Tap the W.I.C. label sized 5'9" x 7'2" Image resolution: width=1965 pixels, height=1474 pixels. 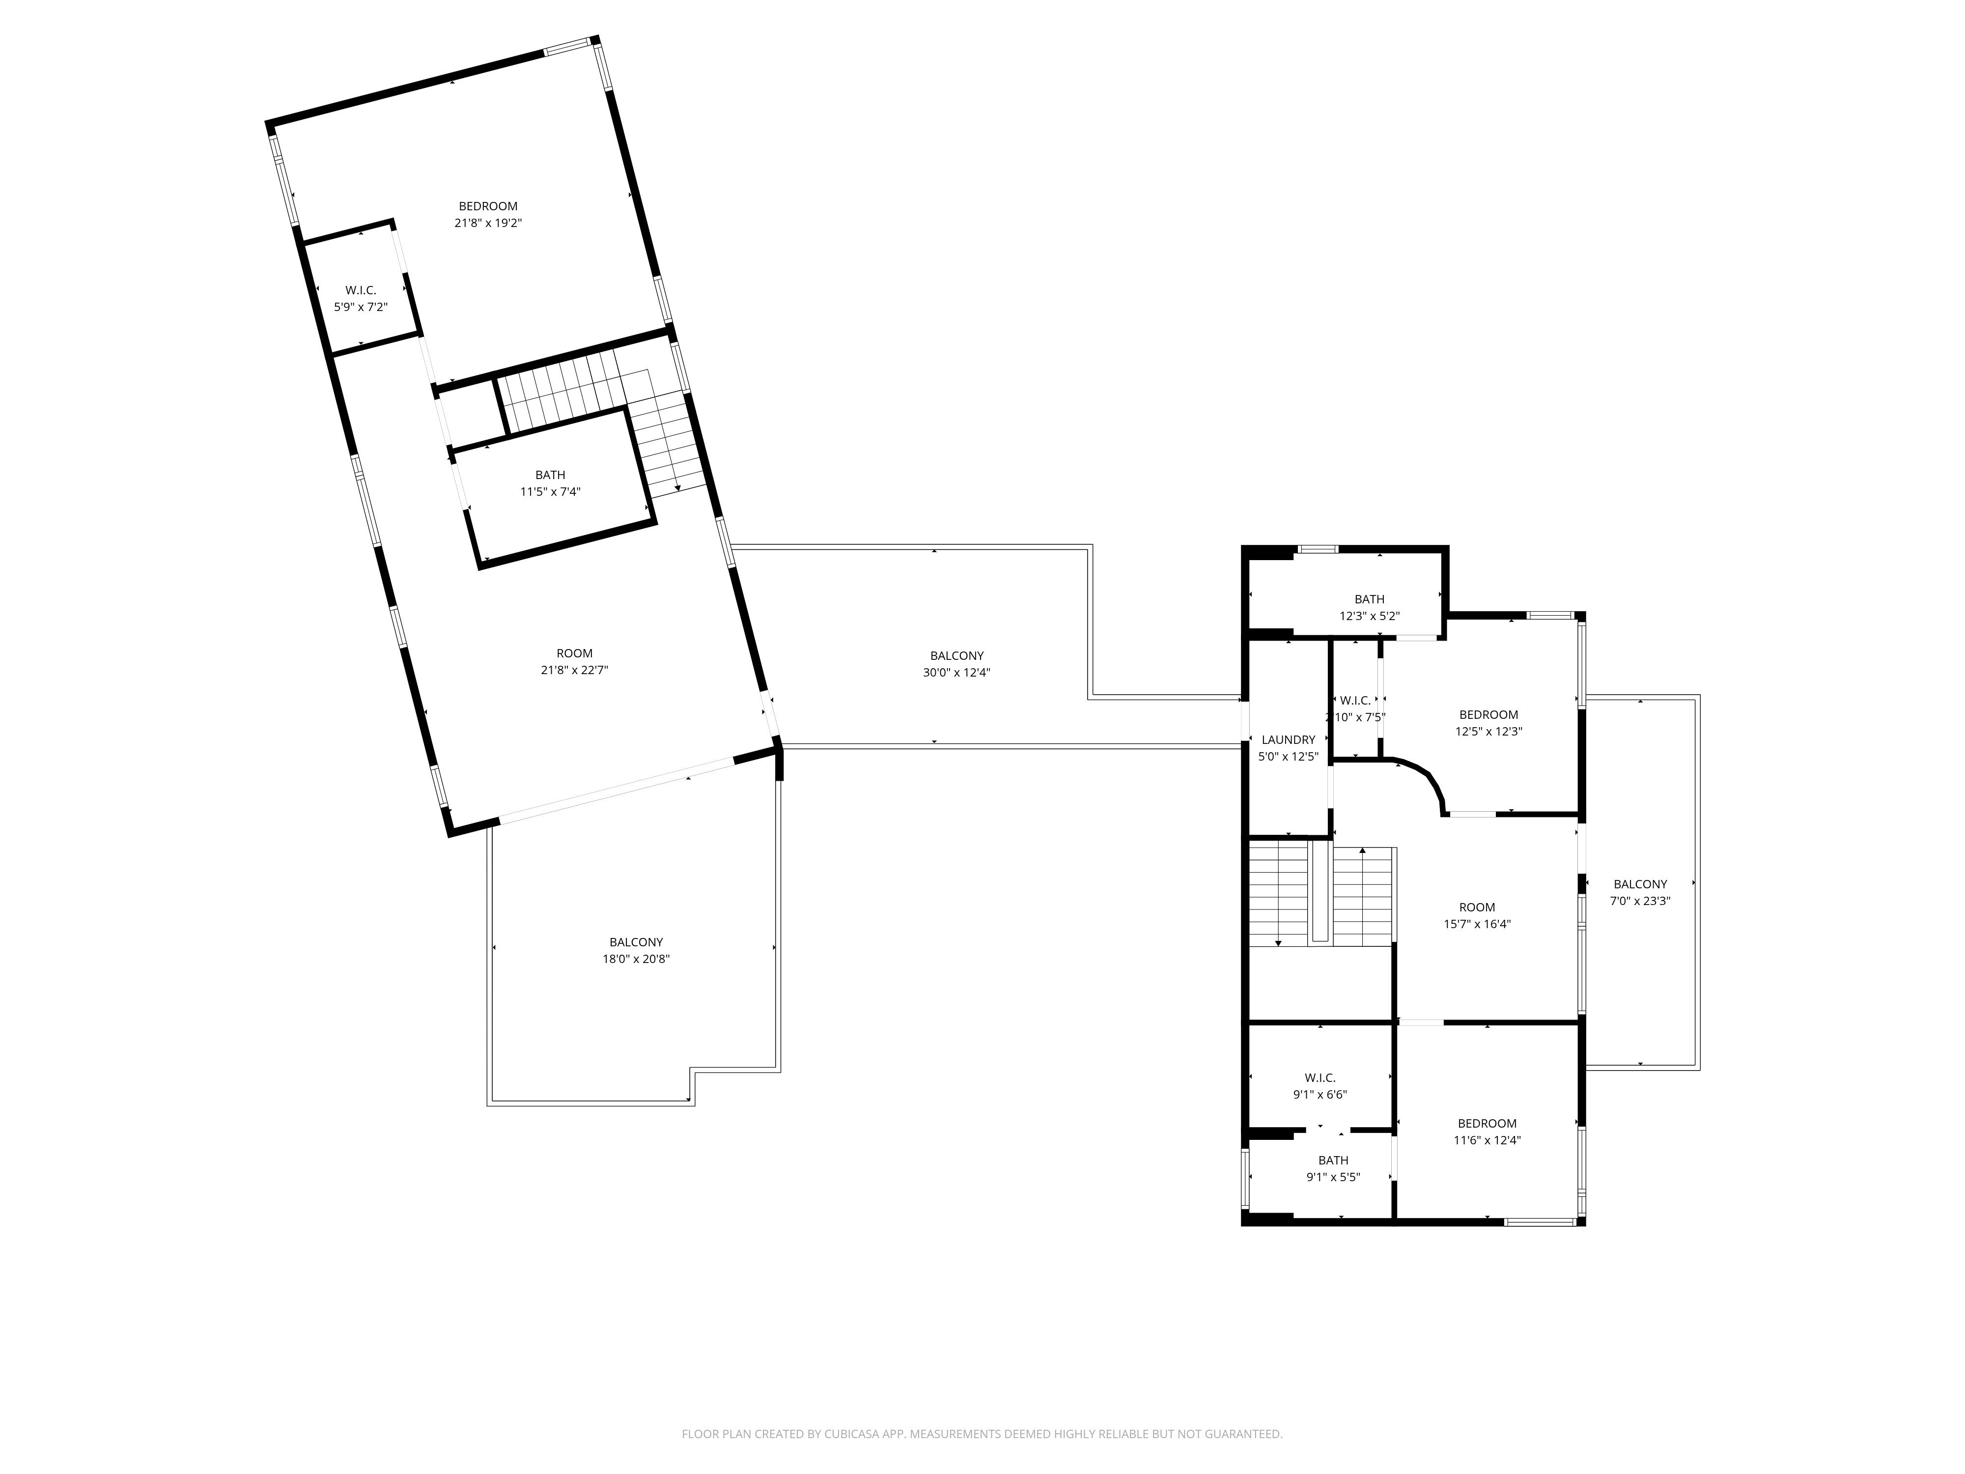(361, 290)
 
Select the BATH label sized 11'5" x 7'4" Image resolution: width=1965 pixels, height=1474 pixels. (550, 475)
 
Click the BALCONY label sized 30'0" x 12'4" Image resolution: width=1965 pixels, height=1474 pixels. (957, 656)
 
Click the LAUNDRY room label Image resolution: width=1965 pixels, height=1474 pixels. (1288, 740)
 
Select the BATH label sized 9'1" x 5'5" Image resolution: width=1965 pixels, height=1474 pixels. (1332, 1161)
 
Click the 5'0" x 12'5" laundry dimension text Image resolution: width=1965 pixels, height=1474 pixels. (1288, 758)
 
